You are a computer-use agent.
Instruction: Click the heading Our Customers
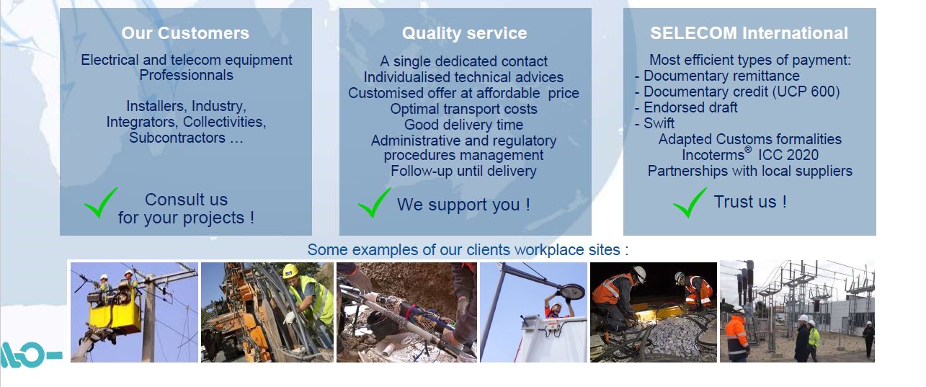185,33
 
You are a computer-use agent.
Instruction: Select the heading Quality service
464,33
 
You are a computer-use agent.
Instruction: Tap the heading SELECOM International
749,33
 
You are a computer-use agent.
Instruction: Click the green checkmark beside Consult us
101,203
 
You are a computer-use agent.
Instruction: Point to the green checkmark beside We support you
375,203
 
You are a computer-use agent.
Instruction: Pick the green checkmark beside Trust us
690,203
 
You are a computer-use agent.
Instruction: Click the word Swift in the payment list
659,123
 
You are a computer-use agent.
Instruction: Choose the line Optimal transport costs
463,109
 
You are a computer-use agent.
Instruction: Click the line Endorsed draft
690,107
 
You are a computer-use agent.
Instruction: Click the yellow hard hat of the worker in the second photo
290,271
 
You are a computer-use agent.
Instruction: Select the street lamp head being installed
571,292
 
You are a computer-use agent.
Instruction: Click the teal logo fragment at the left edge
29,353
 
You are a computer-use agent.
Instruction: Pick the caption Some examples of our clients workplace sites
468,250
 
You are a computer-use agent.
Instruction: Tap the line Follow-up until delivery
463,171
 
